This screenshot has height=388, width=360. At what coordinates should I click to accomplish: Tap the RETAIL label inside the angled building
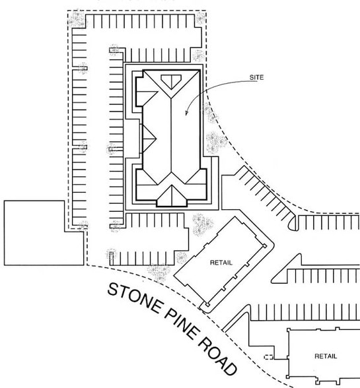(221, 262)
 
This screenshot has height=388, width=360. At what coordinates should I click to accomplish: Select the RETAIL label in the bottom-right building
(325, 356)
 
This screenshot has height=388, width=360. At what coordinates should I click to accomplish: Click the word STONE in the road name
(133, 302)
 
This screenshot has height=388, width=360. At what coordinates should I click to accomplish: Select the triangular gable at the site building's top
(171, 82)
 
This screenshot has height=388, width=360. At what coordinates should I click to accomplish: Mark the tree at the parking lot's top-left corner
(77, 20)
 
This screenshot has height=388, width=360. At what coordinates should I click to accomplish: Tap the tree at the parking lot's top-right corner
(199, 18)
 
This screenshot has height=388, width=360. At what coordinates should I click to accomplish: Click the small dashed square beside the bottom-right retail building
(269, 356)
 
